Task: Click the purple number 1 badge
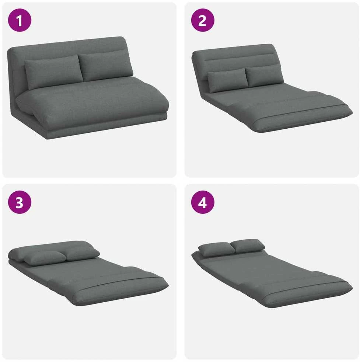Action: pyautogui.click(x=20, y=20)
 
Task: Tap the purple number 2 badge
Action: pyautogui.click(x=203, y=20)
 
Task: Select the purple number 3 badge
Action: pyautogui.click(x=20, y=202)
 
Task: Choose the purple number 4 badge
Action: pyautogui.click(x=203, y=202)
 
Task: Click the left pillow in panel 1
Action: pyautogui.click(x=53, y=71)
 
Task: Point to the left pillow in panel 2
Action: pyautogui.click(x=228, y=80)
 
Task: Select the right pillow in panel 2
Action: pyautogui.click(x=264, y=75)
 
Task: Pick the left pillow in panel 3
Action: pyautogui.click(x=44, y=258)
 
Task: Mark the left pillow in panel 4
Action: pyautogui.click(x=216, y=249)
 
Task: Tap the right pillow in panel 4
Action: pyautogui.click(x=248, y=245)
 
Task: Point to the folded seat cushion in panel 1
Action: pyautogui.click(x=92, y=102)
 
